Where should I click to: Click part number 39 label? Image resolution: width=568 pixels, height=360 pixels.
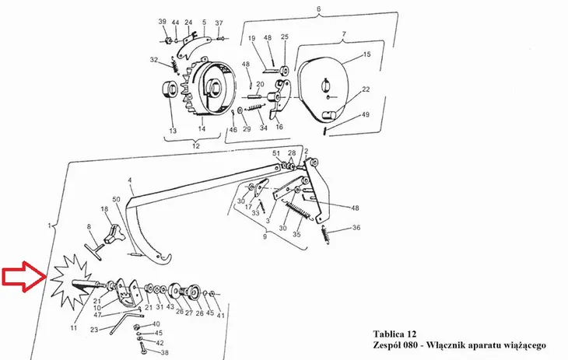163,22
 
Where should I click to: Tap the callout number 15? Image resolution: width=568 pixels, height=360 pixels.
367,54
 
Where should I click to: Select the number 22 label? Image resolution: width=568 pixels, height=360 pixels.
366,89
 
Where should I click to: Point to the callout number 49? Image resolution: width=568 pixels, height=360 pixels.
366,114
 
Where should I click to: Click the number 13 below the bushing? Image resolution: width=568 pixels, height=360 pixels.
173,131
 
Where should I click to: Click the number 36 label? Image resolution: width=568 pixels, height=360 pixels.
356,228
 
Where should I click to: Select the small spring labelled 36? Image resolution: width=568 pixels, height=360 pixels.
326,234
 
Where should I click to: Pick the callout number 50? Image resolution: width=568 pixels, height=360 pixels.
116,199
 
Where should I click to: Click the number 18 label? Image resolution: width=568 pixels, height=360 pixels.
104,209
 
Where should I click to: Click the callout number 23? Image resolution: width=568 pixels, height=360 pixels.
94,330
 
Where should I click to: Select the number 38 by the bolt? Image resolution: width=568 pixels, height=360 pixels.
164,352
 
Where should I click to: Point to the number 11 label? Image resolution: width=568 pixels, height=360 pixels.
74,328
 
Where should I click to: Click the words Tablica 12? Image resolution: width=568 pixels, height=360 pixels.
394,334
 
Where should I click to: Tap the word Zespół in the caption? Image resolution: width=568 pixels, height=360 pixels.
387,345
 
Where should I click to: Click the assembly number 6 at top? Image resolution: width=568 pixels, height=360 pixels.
319,9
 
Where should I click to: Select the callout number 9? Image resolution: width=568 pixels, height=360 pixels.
265,236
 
